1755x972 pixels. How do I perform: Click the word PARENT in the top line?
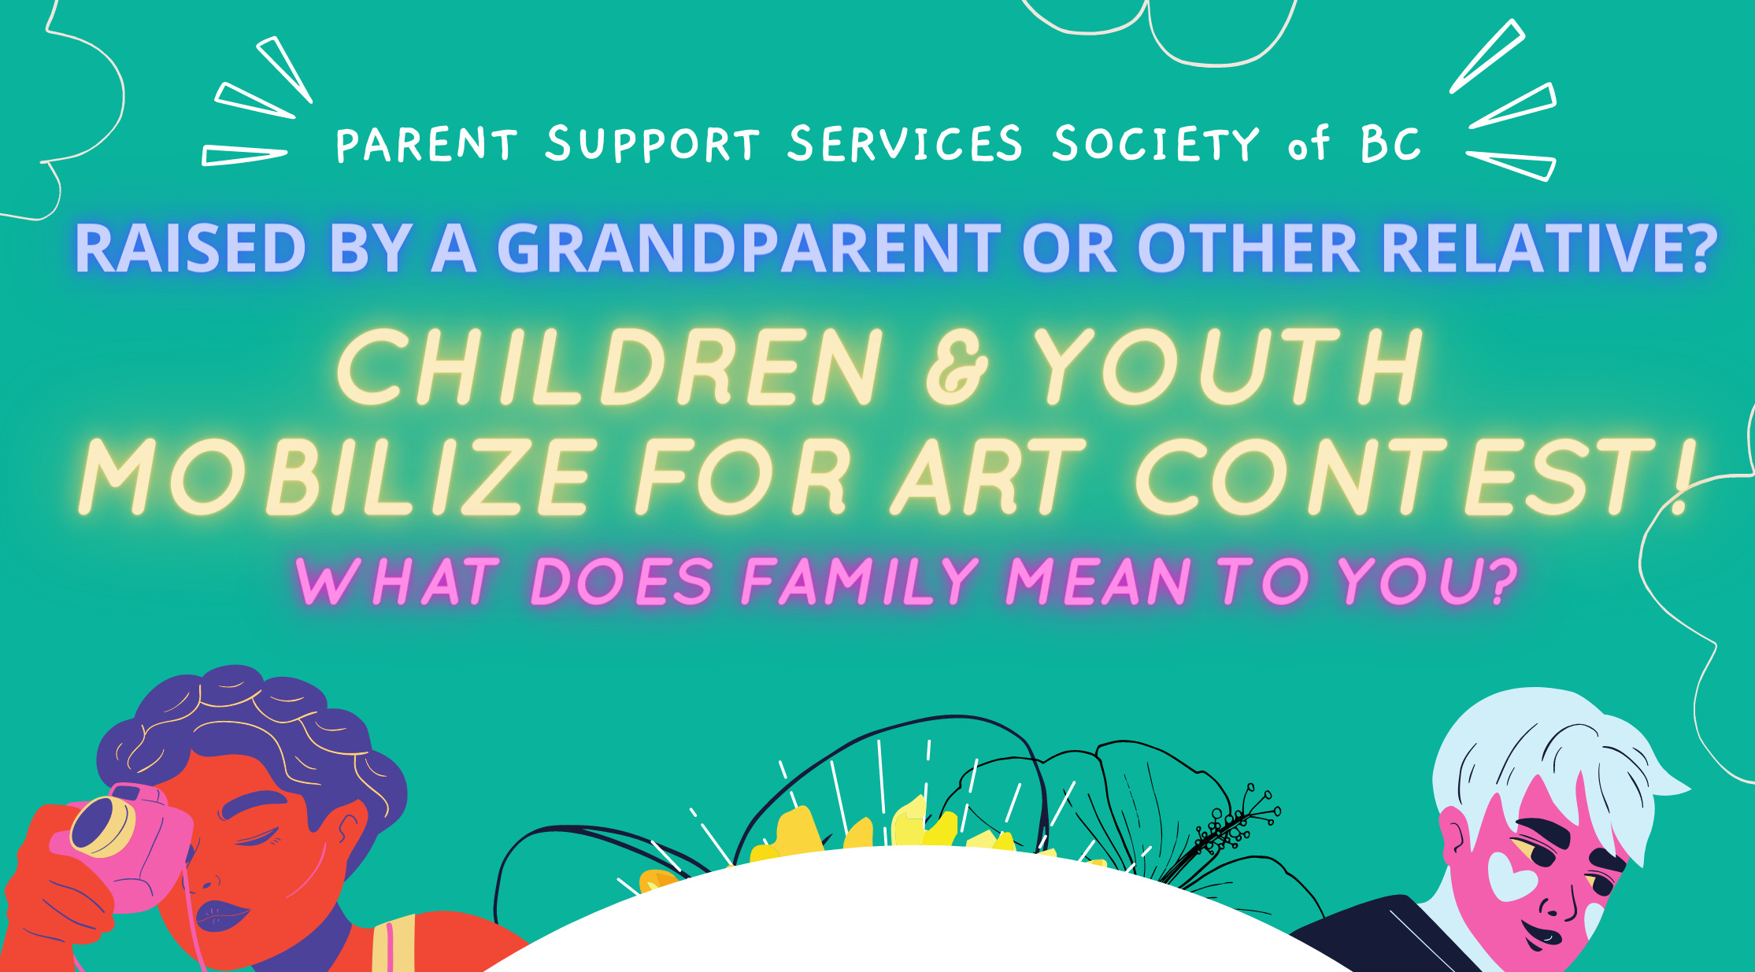coord(426,145)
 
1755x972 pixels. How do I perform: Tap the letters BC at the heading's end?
coord(1390,144)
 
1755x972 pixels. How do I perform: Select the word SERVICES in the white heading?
coord(905,144)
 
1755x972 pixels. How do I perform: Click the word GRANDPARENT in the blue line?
coord(749,248)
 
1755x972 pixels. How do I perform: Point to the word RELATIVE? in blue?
coord(1549,248)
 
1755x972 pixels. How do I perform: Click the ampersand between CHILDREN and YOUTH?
coord(957,368)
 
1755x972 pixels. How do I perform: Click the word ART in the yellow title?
coord(987,477)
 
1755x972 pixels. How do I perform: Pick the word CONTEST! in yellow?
coord(1413,477)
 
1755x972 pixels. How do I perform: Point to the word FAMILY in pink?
coord(860,582)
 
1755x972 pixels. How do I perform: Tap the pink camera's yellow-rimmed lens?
coord(102,826)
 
